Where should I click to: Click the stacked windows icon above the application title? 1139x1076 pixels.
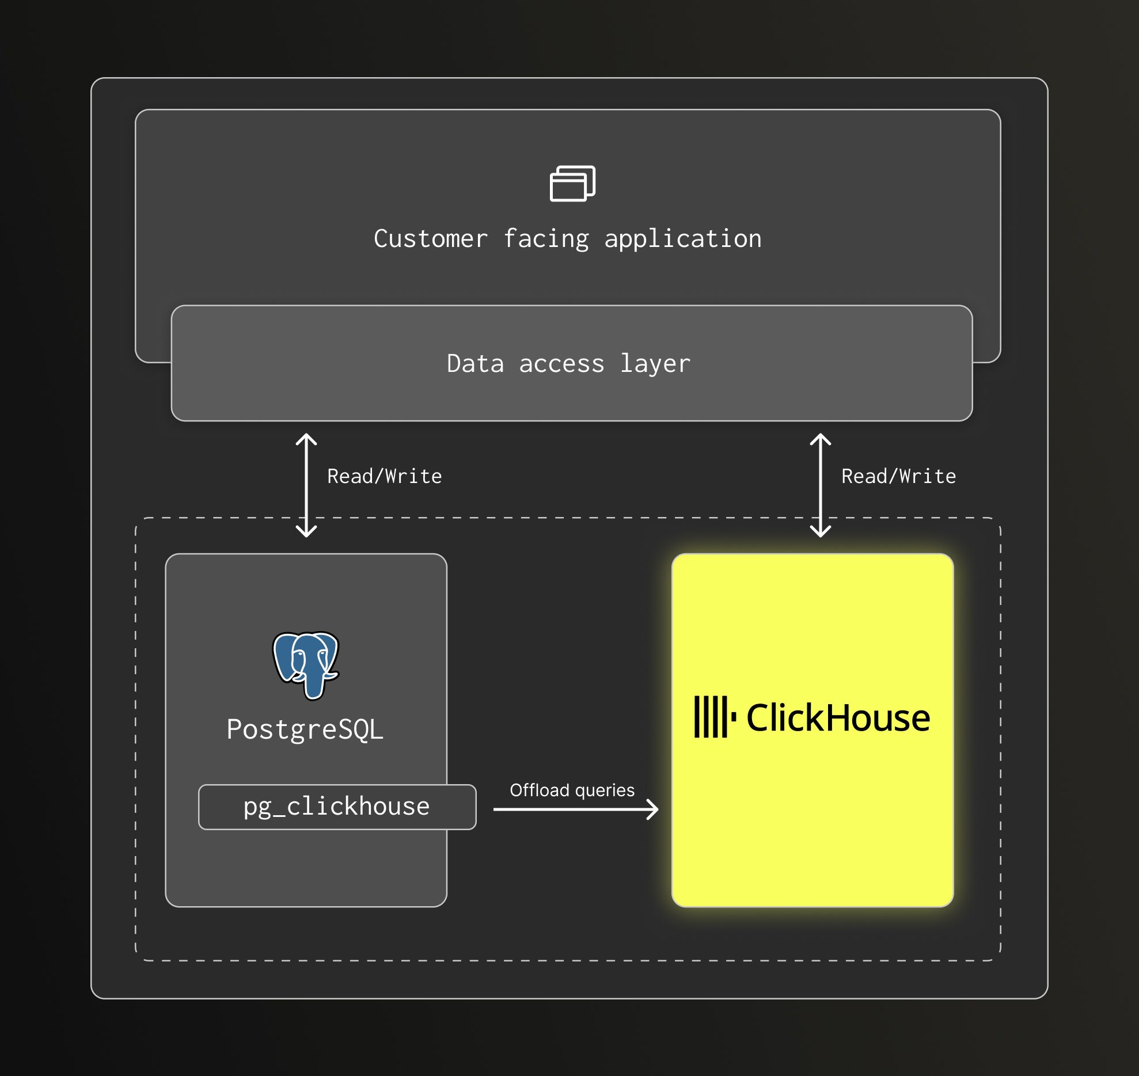pyautogui.click(x=572, y=184)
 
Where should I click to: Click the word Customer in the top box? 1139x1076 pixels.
pyautogui.click(x=430, y=239)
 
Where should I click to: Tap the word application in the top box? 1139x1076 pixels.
pyautogui.click(x=683, y=239)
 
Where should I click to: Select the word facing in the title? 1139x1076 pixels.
pyautogui.click(x=546, y=239)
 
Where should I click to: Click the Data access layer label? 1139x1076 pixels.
pyautogui.click(x=568, y=364)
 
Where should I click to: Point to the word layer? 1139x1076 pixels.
pyautogui.click(x=655, y=364)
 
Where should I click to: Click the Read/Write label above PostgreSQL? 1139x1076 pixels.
pyautogui.click(x=384, y=476)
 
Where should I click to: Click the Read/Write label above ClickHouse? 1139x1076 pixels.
pyautogui.click(x=898, y=476)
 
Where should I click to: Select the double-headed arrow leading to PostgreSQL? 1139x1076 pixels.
pyautogui.click(x=306, y=485)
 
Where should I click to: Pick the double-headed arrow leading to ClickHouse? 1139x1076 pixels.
pyautogui.click(x=820, y=485)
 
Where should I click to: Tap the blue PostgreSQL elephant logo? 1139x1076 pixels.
pyautogui.click(x=306, y=665)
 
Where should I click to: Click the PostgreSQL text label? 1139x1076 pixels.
pyautogui.click(x=305, y=729)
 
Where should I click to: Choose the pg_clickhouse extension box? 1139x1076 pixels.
pyautogui.click(x=337, y=807)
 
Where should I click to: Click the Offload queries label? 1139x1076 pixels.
pyautogui.click(x=572, y=790)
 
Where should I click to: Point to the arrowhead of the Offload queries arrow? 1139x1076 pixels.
pyautogui.click(x=653, y=809)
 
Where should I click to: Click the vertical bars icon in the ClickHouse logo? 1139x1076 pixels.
pyautogui.click(x=714, y=717)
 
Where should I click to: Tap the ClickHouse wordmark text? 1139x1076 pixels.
pyautogui.click(x=838, y=718)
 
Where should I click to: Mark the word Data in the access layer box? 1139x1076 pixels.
pyautogui.click(x=475, y=364)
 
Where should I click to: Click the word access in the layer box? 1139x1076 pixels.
pyautogui.click(x=561, y=364)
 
